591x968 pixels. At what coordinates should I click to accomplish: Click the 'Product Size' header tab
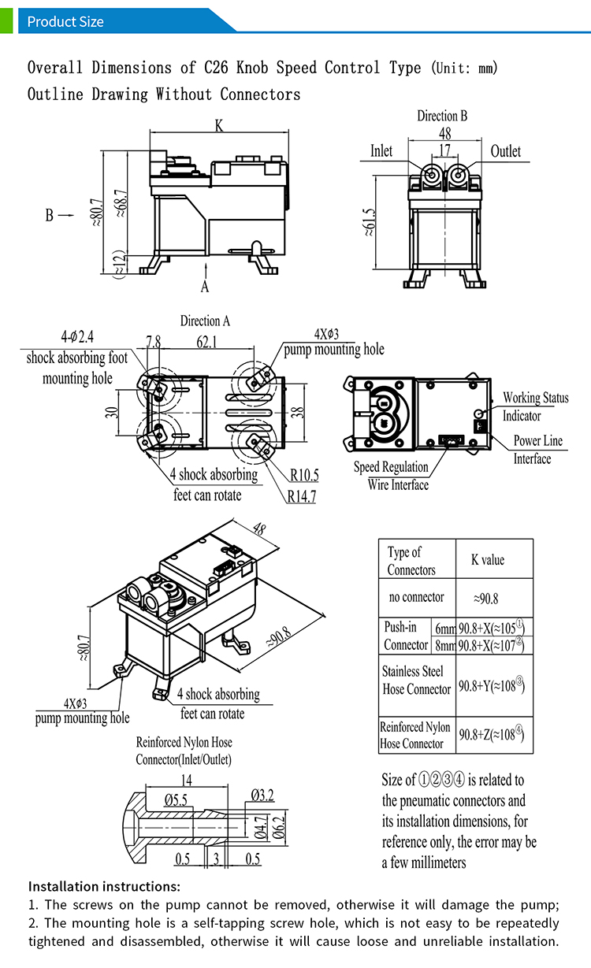coord(65,21)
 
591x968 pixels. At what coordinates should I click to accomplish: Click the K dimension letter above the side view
coord(218,125)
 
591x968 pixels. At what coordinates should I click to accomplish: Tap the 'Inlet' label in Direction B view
coord(381,151)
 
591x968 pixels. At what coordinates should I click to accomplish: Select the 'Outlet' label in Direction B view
coord(505,151)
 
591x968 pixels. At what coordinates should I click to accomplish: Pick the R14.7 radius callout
coord(302,496)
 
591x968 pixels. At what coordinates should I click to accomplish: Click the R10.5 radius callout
coord(304,475)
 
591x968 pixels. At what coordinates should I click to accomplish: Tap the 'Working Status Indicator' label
coord(535,406)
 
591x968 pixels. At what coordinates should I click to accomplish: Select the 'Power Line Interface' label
coord(538,450)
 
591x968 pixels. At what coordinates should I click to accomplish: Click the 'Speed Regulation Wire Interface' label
coord(392,476)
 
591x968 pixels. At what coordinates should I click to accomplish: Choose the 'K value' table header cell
coord(488,560)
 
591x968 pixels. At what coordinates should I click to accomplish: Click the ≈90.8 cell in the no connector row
coord(486,599)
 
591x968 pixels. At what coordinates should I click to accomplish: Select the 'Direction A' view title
coord(205,321)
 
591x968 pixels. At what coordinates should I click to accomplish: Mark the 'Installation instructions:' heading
coord(104,886)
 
